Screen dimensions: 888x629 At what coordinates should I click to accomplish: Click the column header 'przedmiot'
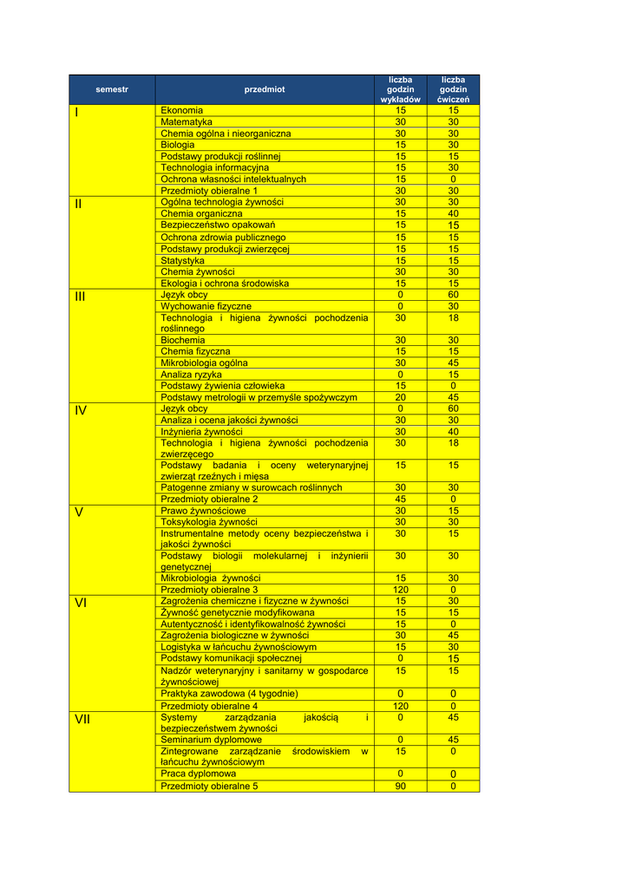tap(264, 89)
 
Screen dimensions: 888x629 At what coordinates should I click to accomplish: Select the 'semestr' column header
tap(112, 89)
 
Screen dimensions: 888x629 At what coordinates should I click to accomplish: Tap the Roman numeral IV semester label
tap(81, 410)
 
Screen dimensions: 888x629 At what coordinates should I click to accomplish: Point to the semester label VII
tap(82, 719)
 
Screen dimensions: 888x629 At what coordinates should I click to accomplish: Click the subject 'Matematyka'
tap(187, 122)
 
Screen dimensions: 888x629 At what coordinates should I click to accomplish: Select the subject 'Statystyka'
tap(183, 260)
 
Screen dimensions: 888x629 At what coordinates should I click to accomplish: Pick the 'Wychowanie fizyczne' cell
tap(206, 306)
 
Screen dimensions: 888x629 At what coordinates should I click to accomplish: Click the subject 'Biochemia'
tap(183, 340)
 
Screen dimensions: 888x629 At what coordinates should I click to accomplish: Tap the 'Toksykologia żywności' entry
tap(209, 522)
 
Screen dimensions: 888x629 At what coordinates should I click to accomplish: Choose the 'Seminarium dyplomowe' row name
tap(212, 740)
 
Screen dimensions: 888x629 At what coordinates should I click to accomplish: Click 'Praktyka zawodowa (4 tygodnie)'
tap(230, 694)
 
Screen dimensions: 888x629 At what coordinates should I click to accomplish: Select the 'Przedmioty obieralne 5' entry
tap(210, 787)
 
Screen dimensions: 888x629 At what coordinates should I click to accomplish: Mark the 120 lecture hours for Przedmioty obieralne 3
tap(400, 590)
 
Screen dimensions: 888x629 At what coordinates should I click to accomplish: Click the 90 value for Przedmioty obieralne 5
tap(400, 787)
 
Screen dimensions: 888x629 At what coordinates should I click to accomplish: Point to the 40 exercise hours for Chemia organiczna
tap(453, 213)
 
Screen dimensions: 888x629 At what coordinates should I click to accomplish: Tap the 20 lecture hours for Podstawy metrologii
tap(400, 397)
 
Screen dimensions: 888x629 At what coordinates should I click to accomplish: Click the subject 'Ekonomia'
tap(182, 110)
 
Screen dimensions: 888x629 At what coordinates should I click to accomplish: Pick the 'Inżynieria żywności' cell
tap(202, 431)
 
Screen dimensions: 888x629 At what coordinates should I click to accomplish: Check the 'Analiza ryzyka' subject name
tap(192, 375)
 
